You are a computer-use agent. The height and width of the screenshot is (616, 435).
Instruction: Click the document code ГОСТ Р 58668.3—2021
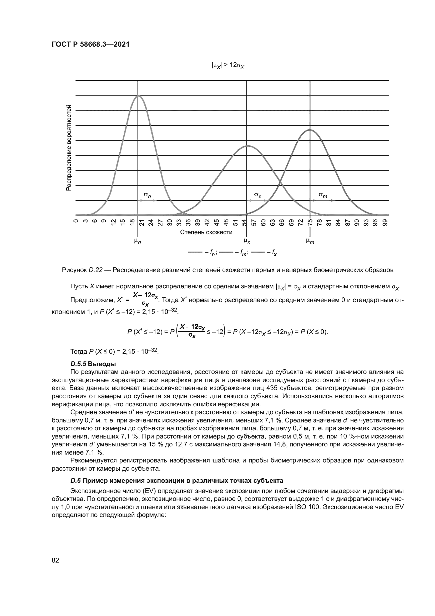tap(90, 44)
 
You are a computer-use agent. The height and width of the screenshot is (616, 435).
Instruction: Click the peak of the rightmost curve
tap(310, 130)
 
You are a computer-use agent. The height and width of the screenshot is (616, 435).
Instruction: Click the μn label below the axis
tap(137, 241)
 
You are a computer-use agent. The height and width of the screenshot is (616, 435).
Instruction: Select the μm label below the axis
tap(310, 241)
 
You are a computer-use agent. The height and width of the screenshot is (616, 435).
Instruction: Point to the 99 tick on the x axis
tap(385, 223)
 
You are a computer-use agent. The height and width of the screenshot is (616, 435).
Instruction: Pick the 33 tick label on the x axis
tap(179, 223)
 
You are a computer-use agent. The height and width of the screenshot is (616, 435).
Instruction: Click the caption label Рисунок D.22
tap(83, 270)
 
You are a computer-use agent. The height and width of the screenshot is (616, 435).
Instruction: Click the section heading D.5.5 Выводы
tap(93, 364)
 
